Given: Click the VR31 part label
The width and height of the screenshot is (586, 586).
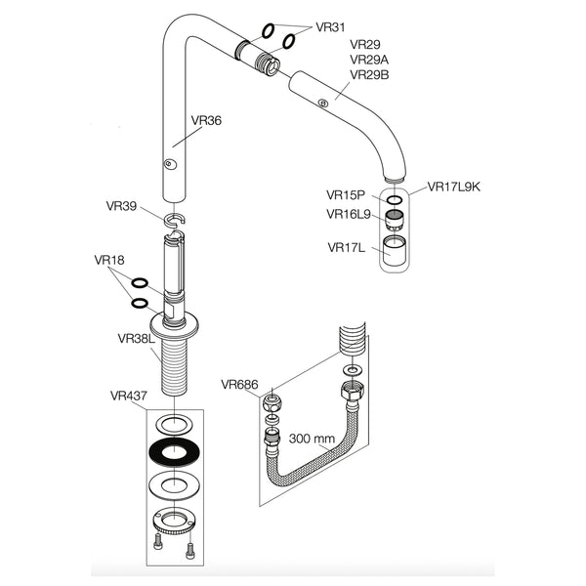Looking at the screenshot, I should [x=330, y=27].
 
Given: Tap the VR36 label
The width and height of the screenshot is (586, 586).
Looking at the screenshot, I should [x=206, y=121].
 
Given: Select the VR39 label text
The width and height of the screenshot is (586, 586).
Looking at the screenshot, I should [x=121, y=206].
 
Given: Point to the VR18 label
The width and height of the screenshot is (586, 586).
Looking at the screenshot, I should [x=109, y=260].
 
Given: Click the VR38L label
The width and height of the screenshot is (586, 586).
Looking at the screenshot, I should [x=136, y=338].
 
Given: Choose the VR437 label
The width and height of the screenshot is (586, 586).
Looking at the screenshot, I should [x=129, y=396].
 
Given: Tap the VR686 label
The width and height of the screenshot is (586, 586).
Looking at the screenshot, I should [x=240, y=384].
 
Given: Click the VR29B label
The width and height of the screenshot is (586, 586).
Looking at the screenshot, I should [x=369, y=75].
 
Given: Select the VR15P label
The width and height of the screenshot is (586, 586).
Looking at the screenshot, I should [x=345, y=194].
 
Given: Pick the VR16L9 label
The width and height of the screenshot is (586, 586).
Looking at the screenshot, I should [x=348, y=214].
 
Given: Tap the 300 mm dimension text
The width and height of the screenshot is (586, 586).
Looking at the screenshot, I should [x=312, y=439].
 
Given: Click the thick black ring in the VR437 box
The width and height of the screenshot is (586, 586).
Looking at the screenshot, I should [x=173, y=452].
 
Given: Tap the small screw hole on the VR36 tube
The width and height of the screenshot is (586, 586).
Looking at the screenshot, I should [x=170, y=164].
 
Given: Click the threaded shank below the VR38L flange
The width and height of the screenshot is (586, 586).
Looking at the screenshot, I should [x=173, y=366].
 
